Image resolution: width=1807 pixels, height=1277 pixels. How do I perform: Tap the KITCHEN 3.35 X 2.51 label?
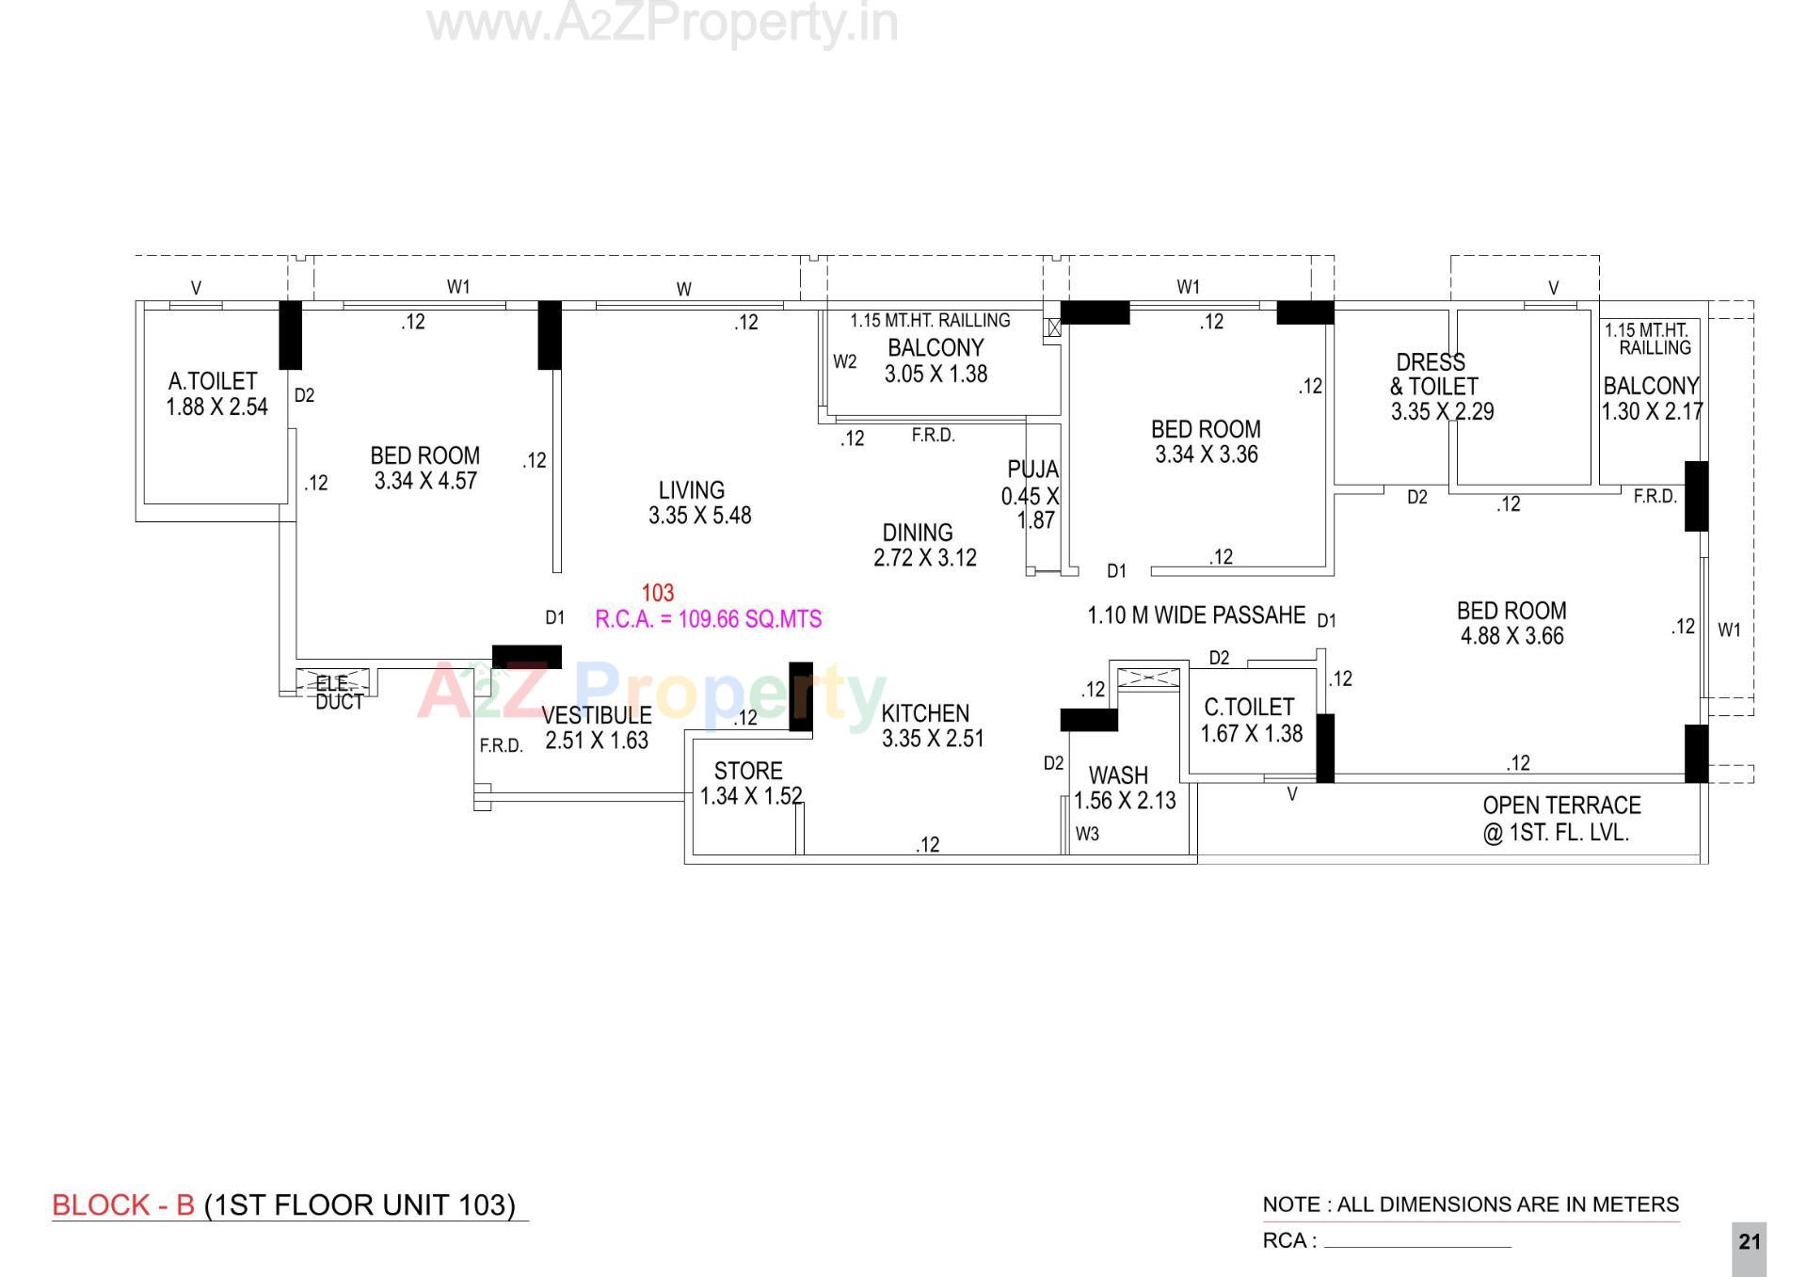coord(932,726)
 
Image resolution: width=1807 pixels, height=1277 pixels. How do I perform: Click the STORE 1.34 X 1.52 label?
coord(749,783)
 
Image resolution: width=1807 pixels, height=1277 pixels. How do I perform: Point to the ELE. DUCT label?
coord(338,693)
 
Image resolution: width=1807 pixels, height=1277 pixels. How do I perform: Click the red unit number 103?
coord(657,593)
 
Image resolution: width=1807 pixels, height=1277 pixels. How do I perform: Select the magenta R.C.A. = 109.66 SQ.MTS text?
coord(708,619)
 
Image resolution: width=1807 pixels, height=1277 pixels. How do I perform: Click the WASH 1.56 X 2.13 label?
coord(1124,788)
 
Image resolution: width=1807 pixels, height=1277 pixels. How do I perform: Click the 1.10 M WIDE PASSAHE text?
coord(1195,615)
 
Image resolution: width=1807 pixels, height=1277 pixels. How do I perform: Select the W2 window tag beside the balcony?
coord(844,361)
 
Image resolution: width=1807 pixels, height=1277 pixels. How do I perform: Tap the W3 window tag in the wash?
coord(1087,834)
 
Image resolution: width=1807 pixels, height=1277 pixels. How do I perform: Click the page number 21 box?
coord(1749,1241)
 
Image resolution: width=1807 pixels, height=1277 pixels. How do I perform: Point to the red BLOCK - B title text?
coord(122,1205)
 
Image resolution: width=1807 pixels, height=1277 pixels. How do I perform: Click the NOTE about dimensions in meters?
coord(1470,1205)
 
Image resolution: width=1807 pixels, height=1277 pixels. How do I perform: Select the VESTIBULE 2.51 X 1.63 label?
coord(596,727)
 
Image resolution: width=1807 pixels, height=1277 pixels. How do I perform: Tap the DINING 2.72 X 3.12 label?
coord(923,545)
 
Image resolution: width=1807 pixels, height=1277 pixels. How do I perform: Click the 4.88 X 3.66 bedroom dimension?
coord(1511,636)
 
